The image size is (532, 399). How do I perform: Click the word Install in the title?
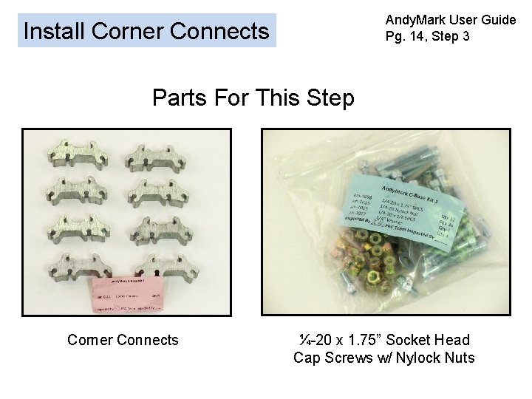click(55, 31)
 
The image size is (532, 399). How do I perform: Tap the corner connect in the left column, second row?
click(77, 192)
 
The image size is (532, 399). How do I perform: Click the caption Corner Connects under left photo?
click(123, 340)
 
